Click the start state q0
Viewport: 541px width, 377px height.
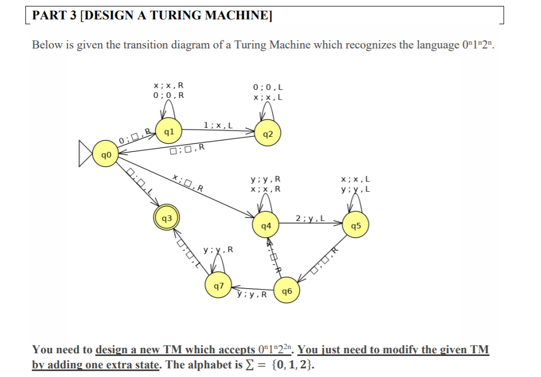[104, 154]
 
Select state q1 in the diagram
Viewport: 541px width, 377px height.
[168, 131]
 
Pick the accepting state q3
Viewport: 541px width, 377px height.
[167, 218]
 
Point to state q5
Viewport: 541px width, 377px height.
[355, 226]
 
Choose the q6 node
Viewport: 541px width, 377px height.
[286, 291]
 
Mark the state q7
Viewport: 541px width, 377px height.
[219, 287]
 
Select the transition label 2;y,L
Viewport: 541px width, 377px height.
[310, 218]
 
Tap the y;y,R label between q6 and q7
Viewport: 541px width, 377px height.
[251, 295]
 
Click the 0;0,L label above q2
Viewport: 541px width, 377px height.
[268, 87]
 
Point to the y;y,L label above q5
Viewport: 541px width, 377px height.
[355, 189]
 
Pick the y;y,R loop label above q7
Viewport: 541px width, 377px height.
[218, 250]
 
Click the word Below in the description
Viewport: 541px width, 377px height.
[46, 45]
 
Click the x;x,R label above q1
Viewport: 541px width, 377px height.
[168, 85]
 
